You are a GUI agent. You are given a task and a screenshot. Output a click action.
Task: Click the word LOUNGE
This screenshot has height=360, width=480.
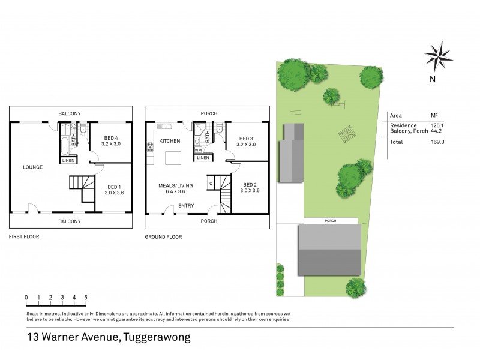click(32, 167)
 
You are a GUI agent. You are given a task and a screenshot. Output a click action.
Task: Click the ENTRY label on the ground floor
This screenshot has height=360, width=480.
click(186, 206)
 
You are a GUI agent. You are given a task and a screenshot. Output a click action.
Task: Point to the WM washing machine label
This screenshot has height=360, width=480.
click(199, 150)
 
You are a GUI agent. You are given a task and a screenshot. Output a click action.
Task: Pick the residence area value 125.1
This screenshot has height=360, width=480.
click(438, 125)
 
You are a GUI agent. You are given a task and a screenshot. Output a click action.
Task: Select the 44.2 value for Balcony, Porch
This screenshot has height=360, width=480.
click(438, 131)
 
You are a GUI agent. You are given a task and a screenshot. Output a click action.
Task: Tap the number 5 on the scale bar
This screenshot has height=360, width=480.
click(86, 298)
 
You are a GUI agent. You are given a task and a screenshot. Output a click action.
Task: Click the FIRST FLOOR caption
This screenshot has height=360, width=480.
click(24, 237)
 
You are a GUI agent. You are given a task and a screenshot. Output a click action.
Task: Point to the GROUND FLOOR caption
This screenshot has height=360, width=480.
click(163, 237)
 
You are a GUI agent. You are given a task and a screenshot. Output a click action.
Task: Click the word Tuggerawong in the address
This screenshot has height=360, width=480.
click(157, 337)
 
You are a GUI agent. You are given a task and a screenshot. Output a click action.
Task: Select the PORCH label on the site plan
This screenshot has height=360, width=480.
click(331, 221)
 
